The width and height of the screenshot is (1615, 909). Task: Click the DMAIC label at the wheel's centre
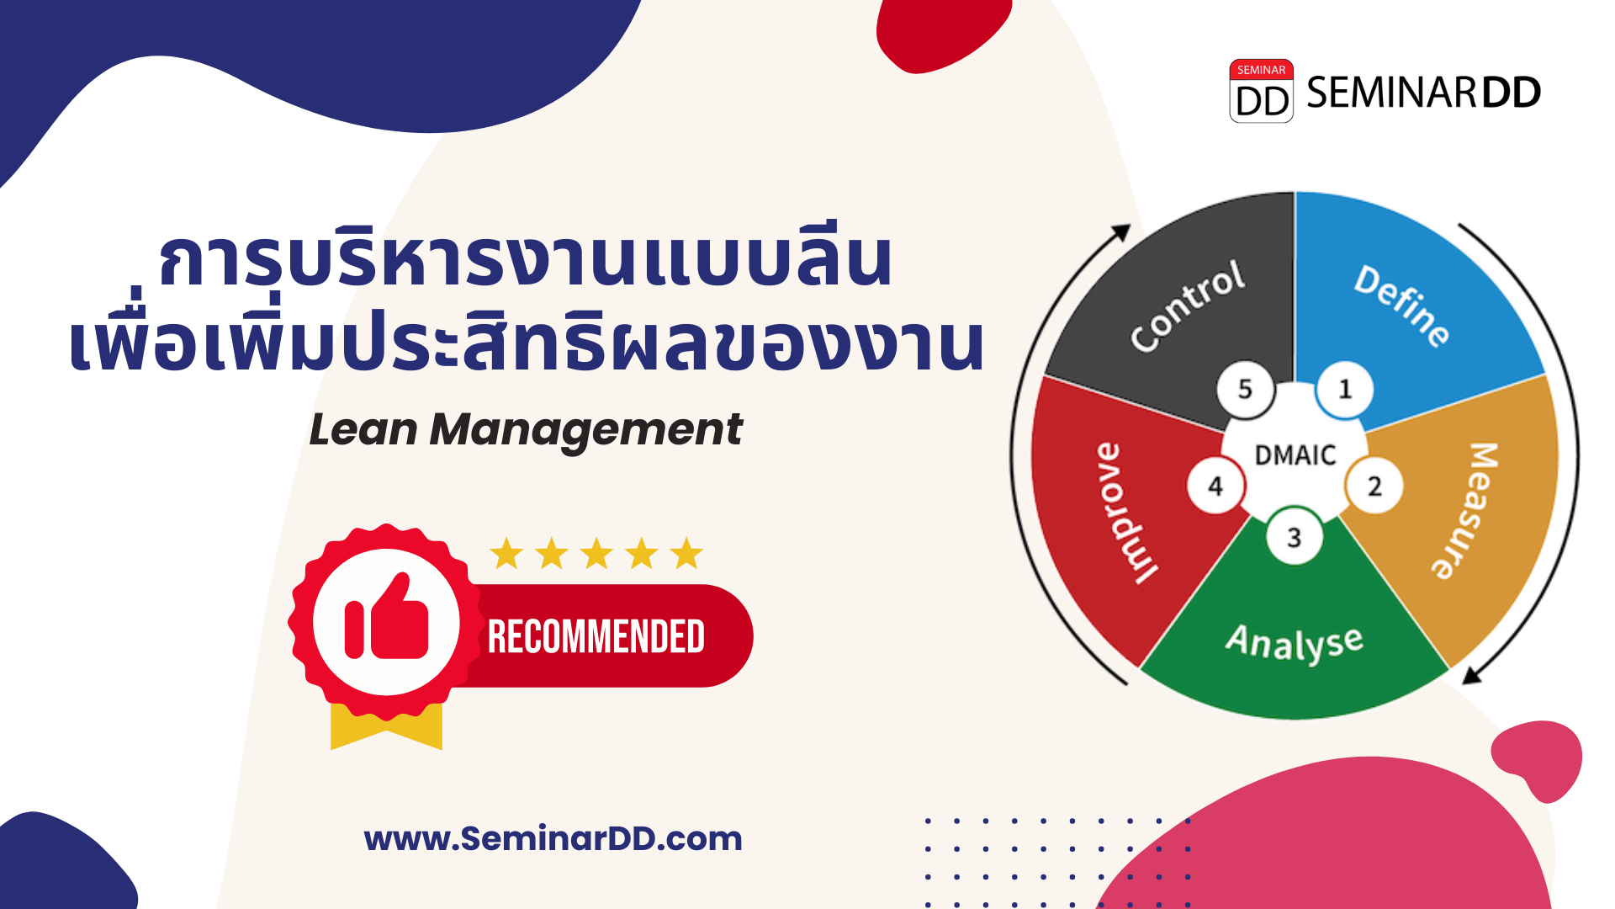[x=1295, y=455]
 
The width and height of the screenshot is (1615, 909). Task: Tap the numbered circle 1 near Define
[x=1344, y=389]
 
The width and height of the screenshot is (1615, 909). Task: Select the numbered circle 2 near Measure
[x=1374, y=486]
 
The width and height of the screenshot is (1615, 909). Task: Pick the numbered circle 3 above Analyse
[x=1294, y=537]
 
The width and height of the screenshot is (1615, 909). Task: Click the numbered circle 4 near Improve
[x=1215, y=486]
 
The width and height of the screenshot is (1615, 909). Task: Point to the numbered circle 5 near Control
[x=1245, y=389]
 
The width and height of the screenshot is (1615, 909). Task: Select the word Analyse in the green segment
[x=1294, y=643]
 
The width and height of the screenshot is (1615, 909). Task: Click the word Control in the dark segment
[x=1187, y=305]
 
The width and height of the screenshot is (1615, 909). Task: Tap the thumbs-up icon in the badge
[x=386, y=619]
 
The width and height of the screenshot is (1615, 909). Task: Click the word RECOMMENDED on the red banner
[x=596, y=637]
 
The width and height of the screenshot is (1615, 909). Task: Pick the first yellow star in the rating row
[x=506, y=554]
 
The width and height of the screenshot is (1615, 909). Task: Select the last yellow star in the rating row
[x=686, y=554]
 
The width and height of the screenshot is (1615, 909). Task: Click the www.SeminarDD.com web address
[x=553, y=838]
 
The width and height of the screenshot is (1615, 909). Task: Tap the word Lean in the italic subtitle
[x=363, y=429]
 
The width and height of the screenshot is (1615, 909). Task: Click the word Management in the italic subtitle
[x=585, y=431]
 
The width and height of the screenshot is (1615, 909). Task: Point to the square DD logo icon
[x=1261, y=92]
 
